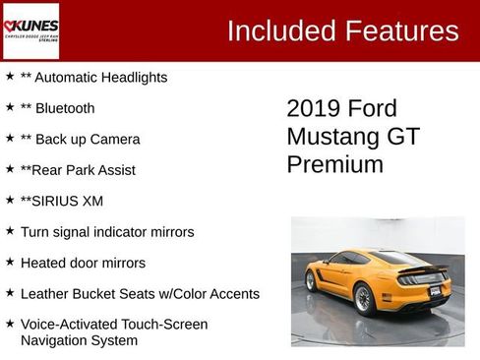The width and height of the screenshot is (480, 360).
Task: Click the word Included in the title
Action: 279,31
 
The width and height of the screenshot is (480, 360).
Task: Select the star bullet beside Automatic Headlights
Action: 10,76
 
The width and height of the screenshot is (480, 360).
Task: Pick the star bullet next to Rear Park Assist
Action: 10,169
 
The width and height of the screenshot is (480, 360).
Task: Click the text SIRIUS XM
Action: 69,201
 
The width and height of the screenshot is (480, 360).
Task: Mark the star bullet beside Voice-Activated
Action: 10,324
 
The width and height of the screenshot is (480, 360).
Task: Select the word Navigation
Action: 56,340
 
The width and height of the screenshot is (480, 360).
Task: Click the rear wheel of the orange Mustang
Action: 363,299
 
